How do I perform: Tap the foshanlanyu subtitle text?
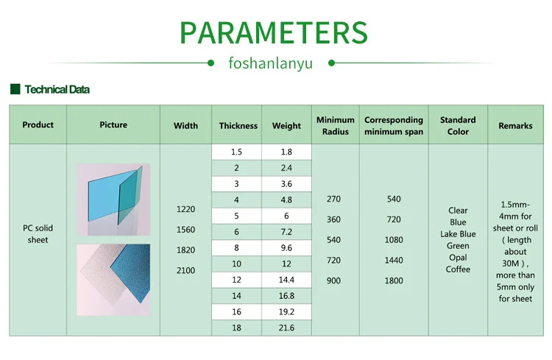[271, 63]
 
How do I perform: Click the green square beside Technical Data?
[15, 89]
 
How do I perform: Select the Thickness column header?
[238, 125]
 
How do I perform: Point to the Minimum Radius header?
[336, 125]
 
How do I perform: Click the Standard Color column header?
[458, 125]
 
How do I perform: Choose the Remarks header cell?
[515, 125]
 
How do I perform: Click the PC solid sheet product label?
[38, 234]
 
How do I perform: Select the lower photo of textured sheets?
[113, 280]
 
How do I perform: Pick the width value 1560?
[185, 230]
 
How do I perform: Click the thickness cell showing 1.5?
[236, 152]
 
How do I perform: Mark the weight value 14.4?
[286, 280]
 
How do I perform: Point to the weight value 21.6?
[286, 328]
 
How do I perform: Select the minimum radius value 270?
[333, 199]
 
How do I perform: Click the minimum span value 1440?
[394, 261]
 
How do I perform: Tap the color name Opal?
[458, 258]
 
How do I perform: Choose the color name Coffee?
[458, 269]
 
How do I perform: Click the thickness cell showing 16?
[236, 311]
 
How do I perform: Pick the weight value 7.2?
[286, 231]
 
